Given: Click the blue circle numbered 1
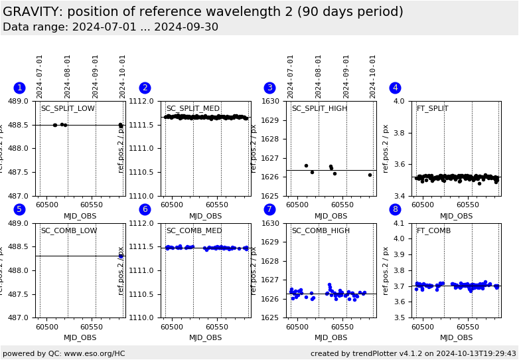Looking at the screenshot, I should click(x=19, y=88).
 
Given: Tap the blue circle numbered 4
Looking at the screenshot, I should click(x=395, y=88).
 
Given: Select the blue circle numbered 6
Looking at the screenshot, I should click(x=145, y=209).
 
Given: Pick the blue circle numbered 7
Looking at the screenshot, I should click(x=269, y=209).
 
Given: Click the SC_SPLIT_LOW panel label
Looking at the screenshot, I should click(x=68, y=109).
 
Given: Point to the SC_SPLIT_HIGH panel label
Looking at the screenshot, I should click(x=319, y=109).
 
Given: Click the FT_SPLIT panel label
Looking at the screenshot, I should click(x=432, y=109).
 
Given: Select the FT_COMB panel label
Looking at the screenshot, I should click(x=433, y=231).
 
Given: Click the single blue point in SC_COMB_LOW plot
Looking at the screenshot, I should click(x=121, y=256).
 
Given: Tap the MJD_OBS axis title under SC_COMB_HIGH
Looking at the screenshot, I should click(x=331, y=337).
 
